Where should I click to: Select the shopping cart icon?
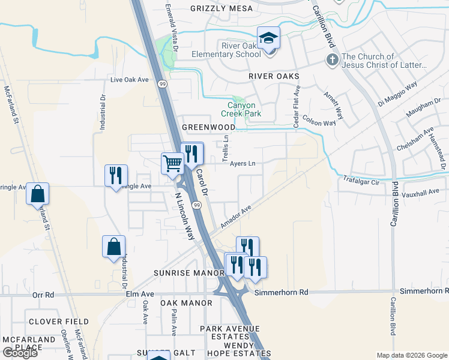tap(172, 163)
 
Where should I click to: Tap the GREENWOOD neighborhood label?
tap(208, 127)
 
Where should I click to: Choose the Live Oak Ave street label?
tap(129, 79)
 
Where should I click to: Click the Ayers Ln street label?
tap(243, 163)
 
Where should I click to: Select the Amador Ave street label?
tap(235, 214)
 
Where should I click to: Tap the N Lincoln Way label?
tap(184, 215)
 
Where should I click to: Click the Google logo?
tap(20, 353)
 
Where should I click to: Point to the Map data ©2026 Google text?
tap(412, 355)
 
